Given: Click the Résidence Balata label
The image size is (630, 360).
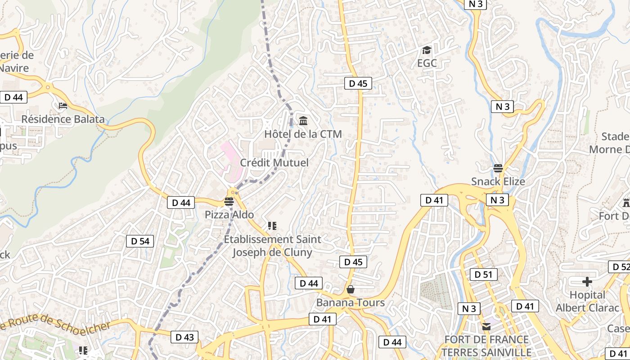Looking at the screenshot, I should tap(63, 119).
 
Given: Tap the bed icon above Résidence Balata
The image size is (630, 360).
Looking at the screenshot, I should tap(63, 106).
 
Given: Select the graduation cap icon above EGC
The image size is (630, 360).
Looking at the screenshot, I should tap(427, 50).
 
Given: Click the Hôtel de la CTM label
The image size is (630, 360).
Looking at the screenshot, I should tap(303, 134).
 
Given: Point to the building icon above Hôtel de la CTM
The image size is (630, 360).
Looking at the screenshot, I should tap(303, 121).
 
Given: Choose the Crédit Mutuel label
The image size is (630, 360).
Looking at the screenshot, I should tap(274, 162).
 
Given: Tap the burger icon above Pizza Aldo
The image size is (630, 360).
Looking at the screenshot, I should tap(229, 202).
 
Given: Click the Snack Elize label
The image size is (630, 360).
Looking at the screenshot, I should tap(498, 181).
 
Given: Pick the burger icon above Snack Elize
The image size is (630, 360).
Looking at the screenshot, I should tap(498, 168).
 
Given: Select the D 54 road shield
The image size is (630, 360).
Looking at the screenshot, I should tap(140, 241).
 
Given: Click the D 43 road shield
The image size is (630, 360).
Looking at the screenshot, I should tap(184, 337).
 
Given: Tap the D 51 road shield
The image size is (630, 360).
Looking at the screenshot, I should tap(484, 274).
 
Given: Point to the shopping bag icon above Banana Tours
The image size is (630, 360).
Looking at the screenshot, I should tap(350, 289).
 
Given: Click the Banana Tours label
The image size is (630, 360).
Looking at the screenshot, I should tap(351, 302).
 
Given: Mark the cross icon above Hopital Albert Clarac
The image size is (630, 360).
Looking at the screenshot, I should tap(587, 282).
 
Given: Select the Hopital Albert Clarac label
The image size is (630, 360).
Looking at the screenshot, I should tap(587, 301).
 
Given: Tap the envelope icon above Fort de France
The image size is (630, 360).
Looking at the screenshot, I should tap(486, 327).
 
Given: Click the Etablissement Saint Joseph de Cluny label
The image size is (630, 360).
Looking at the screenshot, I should tap(272, 246).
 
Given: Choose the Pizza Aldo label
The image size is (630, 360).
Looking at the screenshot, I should tap(229, 215).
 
